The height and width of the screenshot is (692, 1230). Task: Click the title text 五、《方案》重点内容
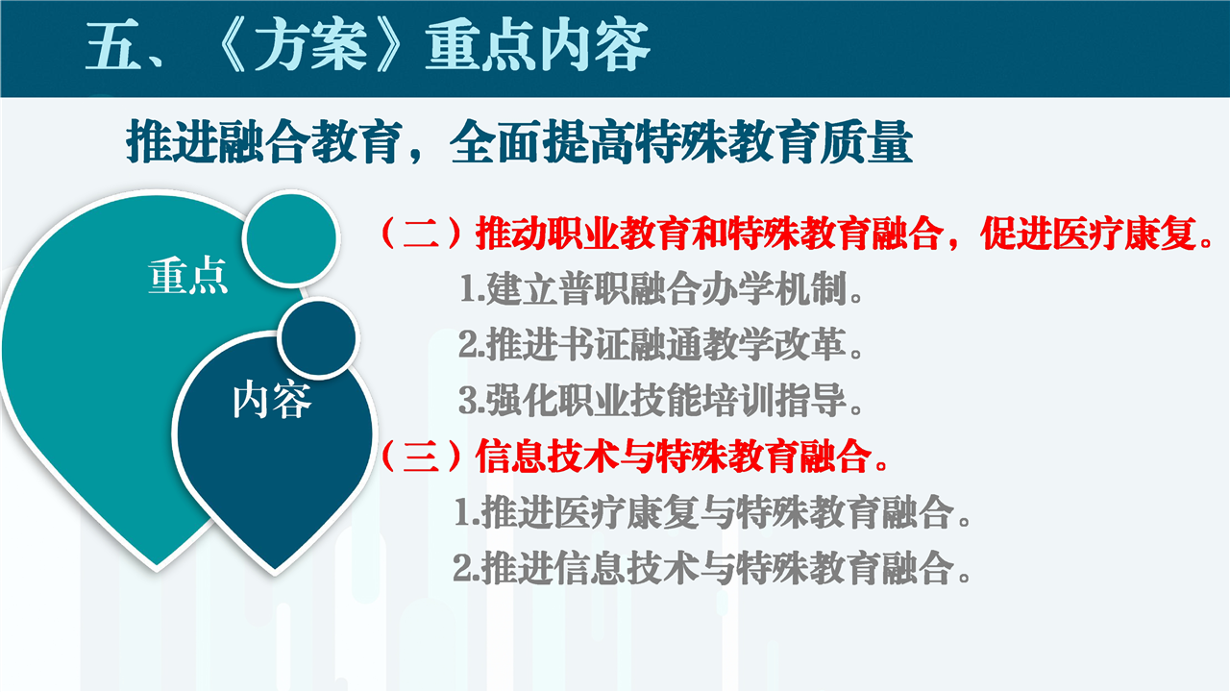368,47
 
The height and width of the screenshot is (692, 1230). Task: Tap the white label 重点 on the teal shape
187,276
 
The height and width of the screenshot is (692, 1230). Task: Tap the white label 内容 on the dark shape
272,401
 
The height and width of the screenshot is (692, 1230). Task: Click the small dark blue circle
318,337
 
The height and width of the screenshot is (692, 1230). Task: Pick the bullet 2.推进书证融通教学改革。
660,345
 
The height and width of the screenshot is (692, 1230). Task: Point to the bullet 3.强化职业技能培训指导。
660,401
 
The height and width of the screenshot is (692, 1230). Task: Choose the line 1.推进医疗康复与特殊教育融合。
713,512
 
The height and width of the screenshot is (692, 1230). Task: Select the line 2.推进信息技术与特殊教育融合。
712,568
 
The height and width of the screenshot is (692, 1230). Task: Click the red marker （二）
421,234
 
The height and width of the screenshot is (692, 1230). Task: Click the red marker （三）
421,457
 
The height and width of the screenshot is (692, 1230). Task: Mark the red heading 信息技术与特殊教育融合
674,457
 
